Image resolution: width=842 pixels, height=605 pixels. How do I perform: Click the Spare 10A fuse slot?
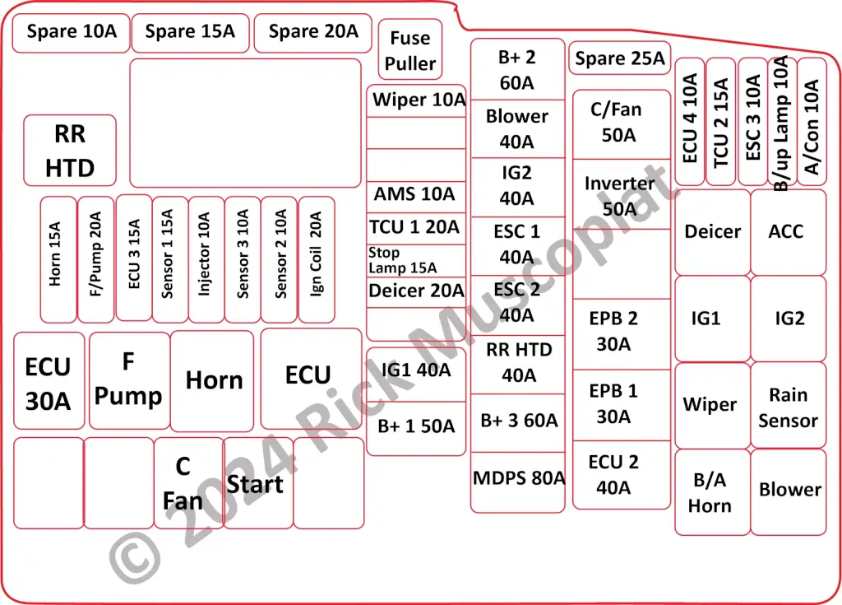pos(72,33)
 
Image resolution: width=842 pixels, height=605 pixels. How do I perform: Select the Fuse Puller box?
pos(409,50)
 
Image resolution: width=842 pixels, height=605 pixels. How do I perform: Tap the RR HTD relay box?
pos(70,151)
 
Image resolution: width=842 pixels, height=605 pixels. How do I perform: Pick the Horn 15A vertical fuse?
pos(58,259)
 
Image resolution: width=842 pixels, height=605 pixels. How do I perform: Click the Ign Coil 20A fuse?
pos(317,259)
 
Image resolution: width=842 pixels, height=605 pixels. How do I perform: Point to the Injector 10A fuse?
pos(206,259)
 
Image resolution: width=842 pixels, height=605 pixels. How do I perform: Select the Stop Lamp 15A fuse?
pos(415,261)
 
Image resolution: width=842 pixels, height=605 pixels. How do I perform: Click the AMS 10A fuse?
pos(415,195)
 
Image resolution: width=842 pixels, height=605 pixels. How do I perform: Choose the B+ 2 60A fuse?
pos(517,69)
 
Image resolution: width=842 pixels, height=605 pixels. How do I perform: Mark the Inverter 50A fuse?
pos(621,196)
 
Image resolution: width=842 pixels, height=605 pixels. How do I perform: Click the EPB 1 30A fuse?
pos(621,404)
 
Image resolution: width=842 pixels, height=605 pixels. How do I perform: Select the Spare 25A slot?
pos(620,58)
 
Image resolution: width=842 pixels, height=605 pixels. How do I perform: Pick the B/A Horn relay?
pos(711,491)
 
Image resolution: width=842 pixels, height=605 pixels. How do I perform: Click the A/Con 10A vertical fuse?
pos(812,122)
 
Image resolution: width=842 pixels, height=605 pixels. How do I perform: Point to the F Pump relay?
pos(129,379)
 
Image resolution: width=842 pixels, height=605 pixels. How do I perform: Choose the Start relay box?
pos(257,483)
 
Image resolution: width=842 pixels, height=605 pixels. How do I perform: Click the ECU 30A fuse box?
pos(49,381)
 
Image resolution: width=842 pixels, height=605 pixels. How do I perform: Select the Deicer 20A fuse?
pos(415,291)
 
